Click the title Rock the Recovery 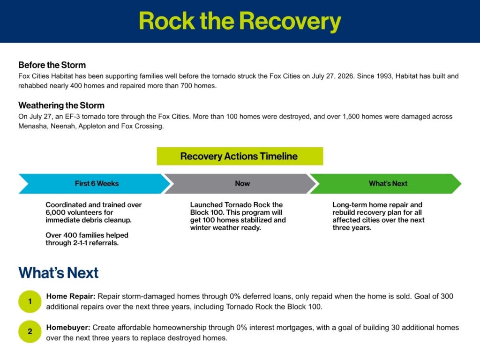(240, 22)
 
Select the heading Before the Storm (52, 65)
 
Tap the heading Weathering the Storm (61, 105)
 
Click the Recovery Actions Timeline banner (240, 156)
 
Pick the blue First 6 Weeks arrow (94, 184)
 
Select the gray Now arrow (240, 184)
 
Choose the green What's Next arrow (386, 184)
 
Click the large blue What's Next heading (59, 272)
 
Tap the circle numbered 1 (30, 301)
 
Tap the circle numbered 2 (30, 331)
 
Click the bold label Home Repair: (71, 296)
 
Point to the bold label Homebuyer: (68, 328)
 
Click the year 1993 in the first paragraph (385, 76)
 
